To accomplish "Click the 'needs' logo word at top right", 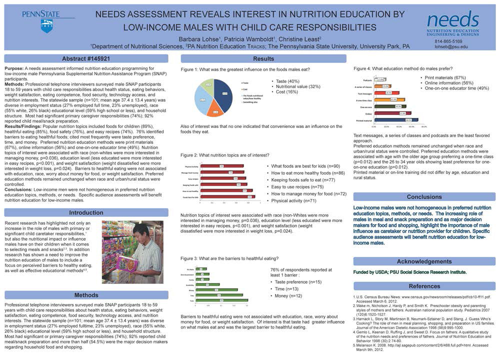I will tap(452, 19).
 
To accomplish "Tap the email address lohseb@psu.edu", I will tap(451, 46).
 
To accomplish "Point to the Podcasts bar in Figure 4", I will tap(380, 79).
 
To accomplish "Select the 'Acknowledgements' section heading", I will tap(424, 261).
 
